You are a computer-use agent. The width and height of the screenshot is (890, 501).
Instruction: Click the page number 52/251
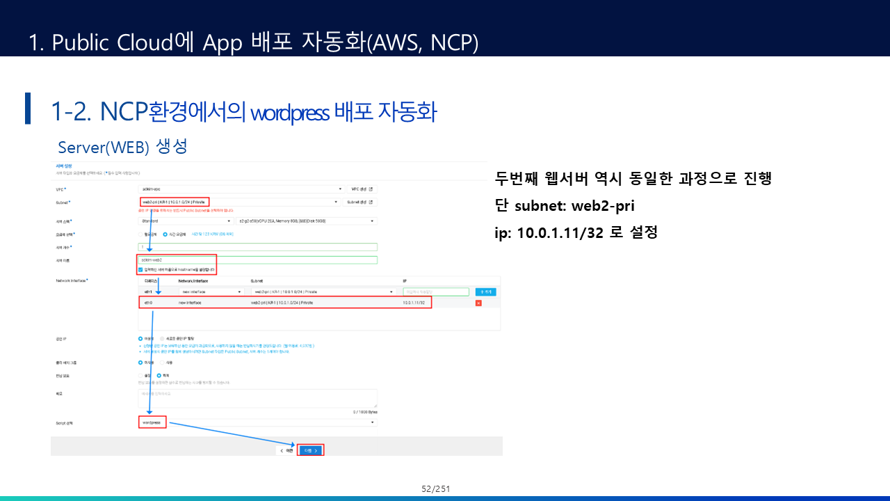436,489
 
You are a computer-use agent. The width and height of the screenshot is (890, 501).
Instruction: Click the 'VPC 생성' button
362,189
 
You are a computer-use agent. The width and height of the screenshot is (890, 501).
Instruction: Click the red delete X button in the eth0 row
478,303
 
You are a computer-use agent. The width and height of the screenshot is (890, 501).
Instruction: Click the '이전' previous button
286,450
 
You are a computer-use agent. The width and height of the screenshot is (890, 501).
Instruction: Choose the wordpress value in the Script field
152,422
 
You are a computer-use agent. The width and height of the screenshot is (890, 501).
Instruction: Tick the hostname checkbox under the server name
140,269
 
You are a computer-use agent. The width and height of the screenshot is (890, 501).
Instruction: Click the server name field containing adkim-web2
257,260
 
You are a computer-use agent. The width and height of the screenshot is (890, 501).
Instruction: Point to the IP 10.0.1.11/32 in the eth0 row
414,303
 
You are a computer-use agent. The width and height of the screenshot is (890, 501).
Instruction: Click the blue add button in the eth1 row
486,292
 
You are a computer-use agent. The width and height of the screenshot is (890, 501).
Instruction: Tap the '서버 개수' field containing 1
257,246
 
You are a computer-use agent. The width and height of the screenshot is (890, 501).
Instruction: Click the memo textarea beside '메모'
257,397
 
